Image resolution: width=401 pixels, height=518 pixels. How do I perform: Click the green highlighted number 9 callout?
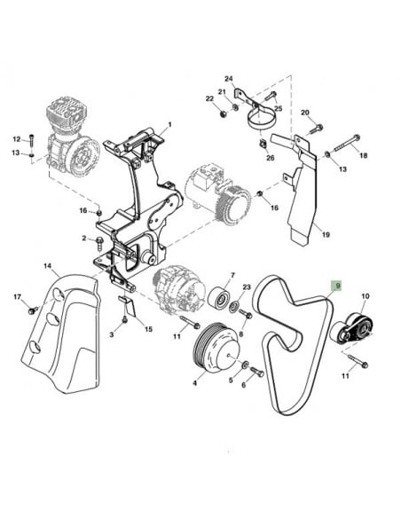click(336, 286)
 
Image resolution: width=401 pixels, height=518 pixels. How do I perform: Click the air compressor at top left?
click(70, 132)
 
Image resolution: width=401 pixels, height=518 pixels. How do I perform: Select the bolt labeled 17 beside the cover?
click(33, 310)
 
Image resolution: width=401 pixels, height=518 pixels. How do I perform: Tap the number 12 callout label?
click(16, 139)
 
